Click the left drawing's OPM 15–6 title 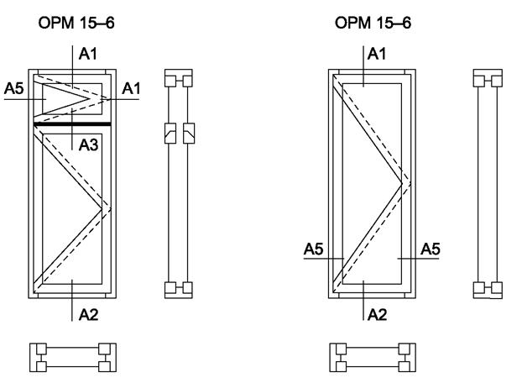[76, 23]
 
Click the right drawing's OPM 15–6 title [373, 23]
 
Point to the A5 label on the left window [13, 88]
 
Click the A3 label [89, 144]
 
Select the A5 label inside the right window [431, 249]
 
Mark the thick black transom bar [73, 124]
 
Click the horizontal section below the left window [73, 357]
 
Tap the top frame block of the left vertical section [178, 80]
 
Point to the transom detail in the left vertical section [178, 132]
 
